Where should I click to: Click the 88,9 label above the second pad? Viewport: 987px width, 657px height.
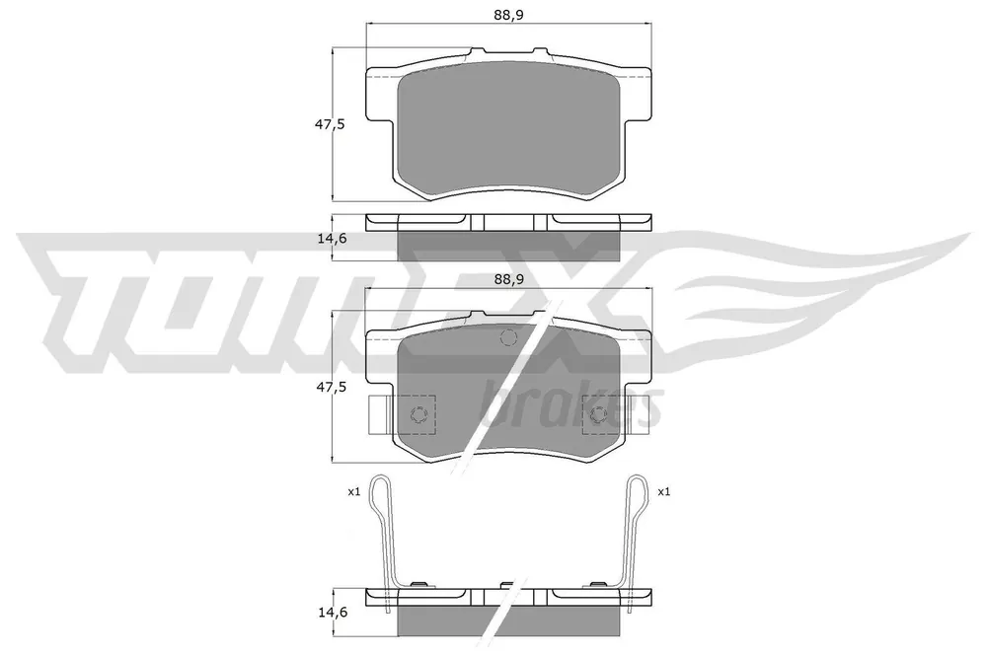pyautogui.click(x=508, y=280)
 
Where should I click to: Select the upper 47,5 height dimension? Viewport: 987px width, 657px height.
pyautogui.click(x=330, y=124)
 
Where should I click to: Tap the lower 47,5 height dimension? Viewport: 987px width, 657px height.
pyautogui.click(x=330, y=388)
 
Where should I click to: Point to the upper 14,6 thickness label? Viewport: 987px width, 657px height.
pyautogui.click(x=330, y=238)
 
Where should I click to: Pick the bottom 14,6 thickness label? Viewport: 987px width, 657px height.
pyautogui.click(x=330, y=611)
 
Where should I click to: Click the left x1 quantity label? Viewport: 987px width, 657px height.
pyautogui.click(x=353, y=492)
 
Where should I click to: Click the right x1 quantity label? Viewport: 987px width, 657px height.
pyautogui.click(x=663, y=492)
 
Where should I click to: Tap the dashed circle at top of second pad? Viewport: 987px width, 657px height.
pyautogui.click(x=508, y=337)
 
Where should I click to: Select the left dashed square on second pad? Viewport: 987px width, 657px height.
pyautogui.click(x=415, y=414)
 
